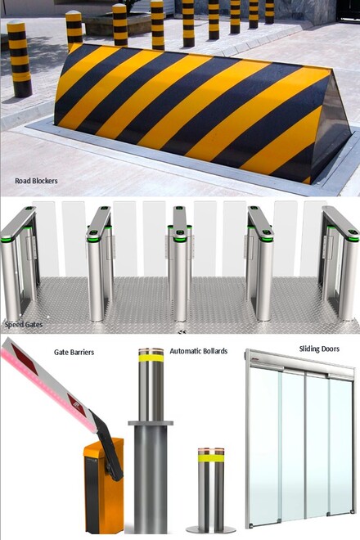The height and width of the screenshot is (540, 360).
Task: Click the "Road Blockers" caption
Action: click(36, 181)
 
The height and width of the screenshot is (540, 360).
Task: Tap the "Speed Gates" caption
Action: click(24, 325)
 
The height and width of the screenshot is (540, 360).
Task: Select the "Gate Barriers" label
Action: click(74, 353)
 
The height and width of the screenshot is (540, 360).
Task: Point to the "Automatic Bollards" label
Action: click(199, 351)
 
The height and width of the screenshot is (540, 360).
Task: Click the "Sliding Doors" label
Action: click(319, 349)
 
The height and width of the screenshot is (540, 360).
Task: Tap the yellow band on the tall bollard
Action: click(151, 358)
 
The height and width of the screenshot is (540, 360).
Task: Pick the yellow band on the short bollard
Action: click(211, 459)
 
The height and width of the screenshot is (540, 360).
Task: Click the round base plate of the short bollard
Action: click(211, 529)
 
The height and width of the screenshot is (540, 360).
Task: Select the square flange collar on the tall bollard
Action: click(151, 423)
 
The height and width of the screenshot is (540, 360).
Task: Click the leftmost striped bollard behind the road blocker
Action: click(20, 59)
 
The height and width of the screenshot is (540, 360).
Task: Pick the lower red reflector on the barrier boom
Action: click(76, 403)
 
